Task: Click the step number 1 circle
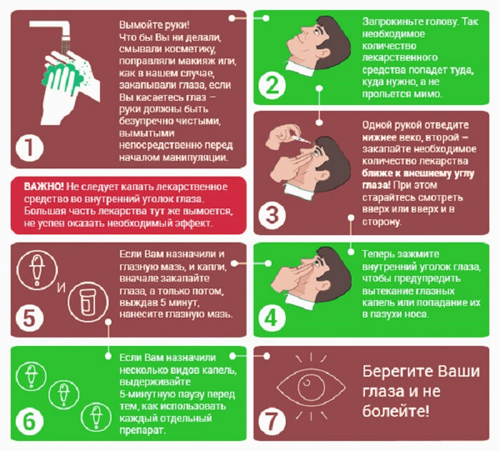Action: (30, 148)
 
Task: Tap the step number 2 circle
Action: (272, 85)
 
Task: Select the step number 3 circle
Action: (272, 215)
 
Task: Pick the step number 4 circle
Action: (272, 317)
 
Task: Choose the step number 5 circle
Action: (30, 318)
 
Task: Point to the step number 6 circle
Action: (30, 422)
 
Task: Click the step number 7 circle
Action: (272, 422)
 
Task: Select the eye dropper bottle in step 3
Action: (300, 139)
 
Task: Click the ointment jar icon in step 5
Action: (88, 302)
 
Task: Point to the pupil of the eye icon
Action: (306, 382)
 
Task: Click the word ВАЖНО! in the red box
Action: (44, 187)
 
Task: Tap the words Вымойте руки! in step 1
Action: (154, 25)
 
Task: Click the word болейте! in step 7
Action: (396, 412)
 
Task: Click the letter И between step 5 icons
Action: (61, 288)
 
